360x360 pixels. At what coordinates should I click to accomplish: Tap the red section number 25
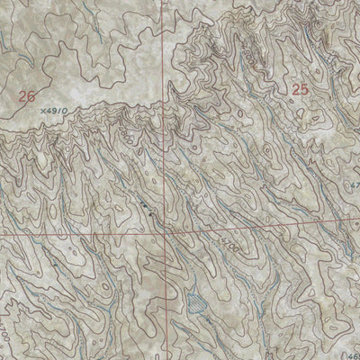pos(300,89)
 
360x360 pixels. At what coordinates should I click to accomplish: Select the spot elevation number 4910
pos(55,112)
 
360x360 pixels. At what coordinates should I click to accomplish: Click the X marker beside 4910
pos(42,112)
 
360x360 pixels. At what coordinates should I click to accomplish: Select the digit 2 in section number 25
pos(295,89)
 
